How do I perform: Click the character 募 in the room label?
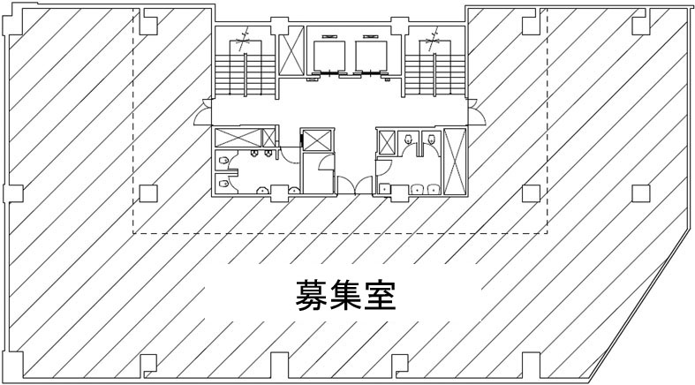pos(311,295)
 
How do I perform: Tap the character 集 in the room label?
pos(345,295)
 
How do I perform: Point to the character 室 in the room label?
pos(380,295)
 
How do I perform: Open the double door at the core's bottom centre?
pos(347,185)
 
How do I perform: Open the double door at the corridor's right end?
pos(474,113)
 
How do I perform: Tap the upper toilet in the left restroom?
pos(224,160)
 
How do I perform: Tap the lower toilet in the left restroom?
pos(224,183)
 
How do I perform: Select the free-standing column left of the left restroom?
pos(147,192)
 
